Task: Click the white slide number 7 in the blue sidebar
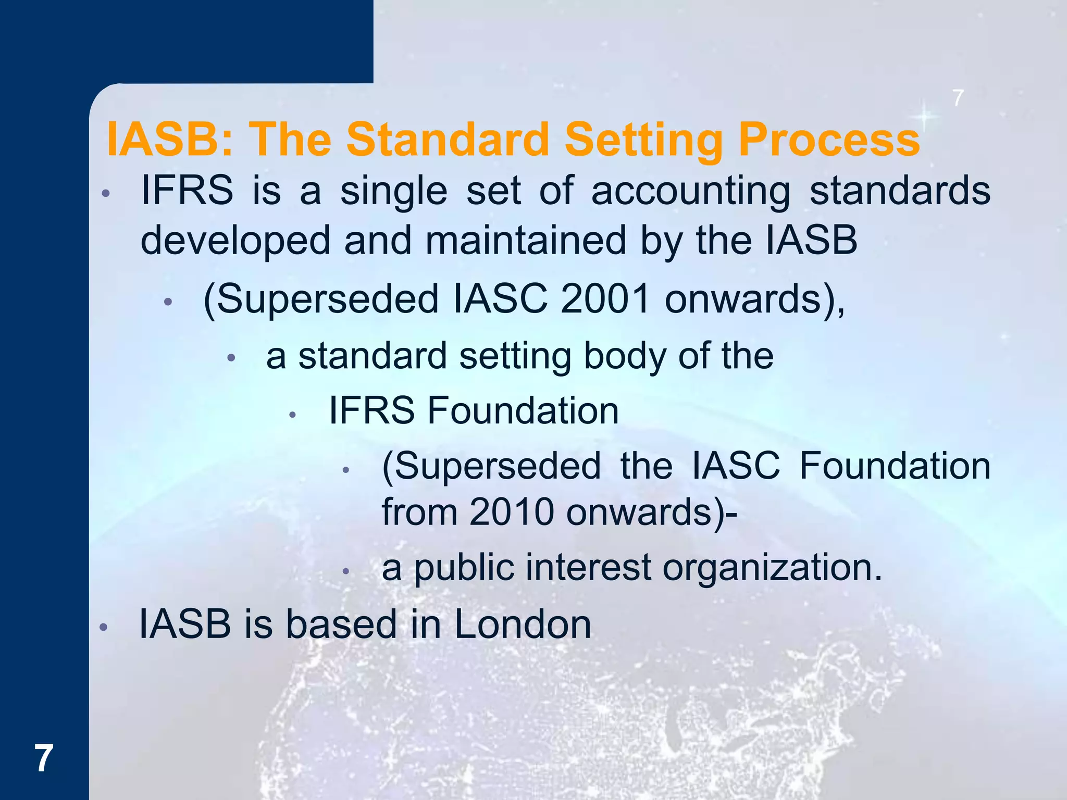pyautogui.click(x=44, y=759)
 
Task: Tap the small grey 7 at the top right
pyautogui.click(x=958, y=98)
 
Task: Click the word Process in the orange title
pyautogui.click(x=829, y=140)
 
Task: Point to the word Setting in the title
pyautogui.click(x=644, y=140)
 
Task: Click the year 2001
pyautogui.click(x=605, y=299)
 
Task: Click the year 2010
pyautogui.click(x=512, y=512)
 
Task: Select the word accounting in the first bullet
pyautogui.click(x=691, y=191)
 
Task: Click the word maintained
pyautogui.click(x=526, y=241)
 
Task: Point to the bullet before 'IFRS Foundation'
pyautogui.click(x=293, y=415)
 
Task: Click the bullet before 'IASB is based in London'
pyautogui.click(x=104, y=628)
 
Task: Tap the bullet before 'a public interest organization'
pyautogui.click(x=345, y=571)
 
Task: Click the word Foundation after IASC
pyautogui.click(x=895, y=466)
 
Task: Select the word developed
pyautogui.click(x=235, y=241)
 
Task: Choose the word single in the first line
pyautogui.click(x=393, y=191)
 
